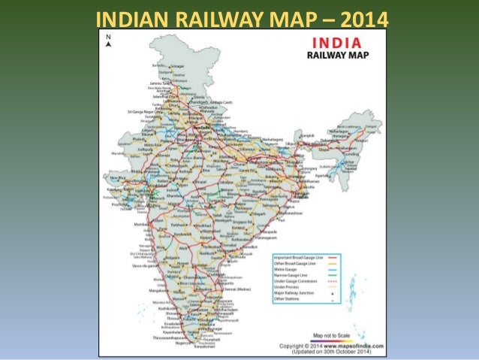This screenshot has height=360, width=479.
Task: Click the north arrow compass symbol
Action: pos(108,42)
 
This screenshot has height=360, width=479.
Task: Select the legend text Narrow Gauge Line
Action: pos(299,276)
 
